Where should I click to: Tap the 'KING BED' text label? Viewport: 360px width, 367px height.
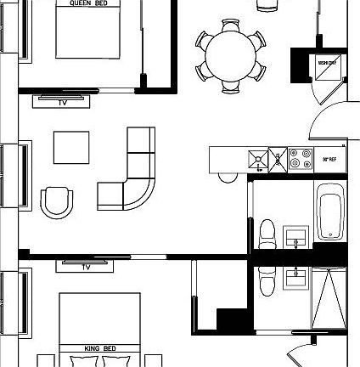99,348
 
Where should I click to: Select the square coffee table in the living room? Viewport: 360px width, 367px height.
71,146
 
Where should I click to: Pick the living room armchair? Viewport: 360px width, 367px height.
58,202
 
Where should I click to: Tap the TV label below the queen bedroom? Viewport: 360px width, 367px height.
63,102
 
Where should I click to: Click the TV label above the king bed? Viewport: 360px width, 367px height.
86,267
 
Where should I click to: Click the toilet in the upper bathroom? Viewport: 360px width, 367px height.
267,233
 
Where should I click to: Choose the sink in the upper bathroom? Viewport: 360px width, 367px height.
295,235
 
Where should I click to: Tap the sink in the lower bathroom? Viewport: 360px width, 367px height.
295,277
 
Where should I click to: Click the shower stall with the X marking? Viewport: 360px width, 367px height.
327,298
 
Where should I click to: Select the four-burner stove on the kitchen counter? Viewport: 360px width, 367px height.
301,158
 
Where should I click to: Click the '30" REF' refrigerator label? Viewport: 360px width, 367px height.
330,159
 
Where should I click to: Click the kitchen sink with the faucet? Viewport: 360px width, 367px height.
258,158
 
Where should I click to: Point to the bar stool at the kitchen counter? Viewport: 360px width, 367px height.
227,176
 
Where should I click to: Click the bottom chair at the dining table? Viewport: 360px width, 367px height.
231,85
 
